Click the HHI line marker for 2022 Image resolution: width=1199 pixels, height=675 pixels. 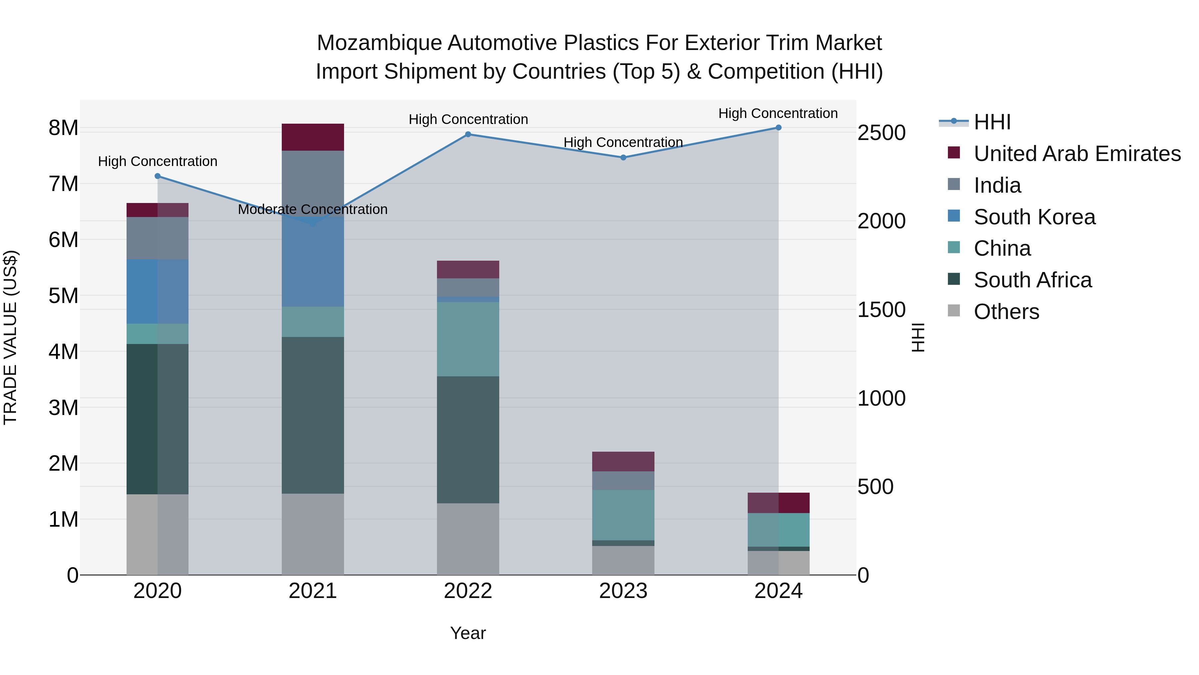click(x=468, y=135)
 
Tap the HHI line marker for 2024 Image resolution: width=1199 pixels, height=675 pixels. click(x=778, y=128)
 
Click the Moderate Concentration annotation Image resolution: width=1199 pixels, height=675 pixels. click(x=312, y=210)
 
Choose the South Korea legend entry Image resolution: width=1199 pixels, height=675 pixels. click(x=1034, y=217)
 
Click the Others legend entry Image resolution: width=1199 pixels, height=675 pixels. click(x=1006, y=312)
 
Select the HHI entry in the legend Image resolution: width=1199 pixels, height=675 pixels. click(x=992, y=122)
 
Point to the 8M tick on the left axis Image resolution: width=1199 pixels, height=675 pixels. click(x=63, y=128)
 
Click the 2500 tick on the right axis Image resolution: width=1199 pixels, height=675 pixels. click(x=881, y=133)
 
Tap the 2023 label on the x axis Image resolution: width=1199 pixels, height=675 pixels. click(x=623, y=591)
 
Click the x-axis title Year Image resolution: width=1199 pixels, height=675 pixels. click(x=468, y=633)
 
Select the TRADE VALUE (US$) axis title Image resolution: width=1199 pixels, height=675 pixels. click(x=10, y=337)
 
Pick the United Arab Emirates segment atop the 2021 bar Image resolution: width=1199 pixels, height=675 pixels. click(x=312, y=137)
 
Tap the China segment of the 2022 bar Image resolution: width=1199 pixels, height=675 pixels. click(x=468, y=339)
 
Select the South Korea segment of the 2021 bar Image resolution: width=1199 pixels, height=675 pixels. click(x=312, y=261)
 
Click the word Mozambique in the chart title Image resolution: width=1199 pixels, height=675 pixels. click(x=379, y=43)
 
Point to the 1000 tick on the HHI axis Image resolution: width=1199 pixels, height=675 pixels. click(x=881, y=398)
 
